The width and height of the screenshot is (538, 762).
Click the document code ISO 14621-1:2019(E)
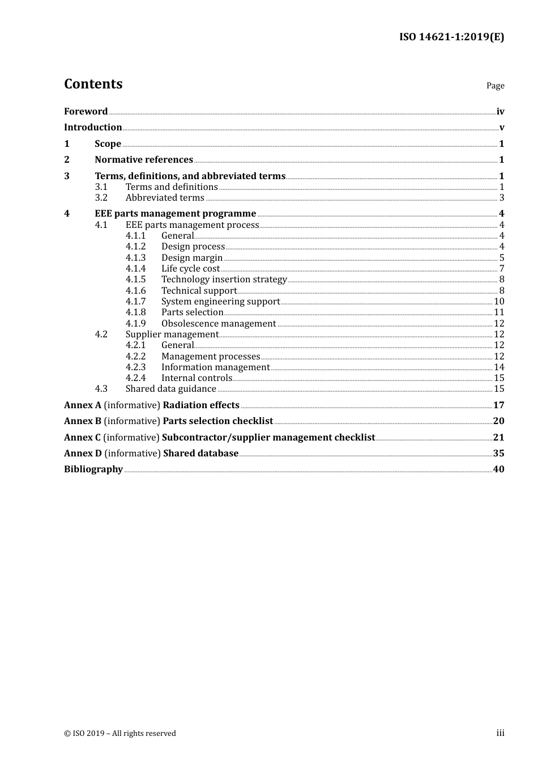click(x=451, y=37)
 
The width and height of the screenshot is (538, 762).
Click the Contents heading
click(x=93, y=84)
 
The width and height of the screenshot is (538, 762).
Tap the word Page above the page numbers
click(x=495, y=86)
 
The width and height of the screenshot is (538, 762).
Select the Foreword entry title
click(x=86, y=112)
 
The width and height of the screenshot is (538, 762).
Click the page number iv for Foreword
click(x=500, y=112)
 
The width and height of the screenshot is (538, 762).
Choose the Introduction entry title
click(x=93, y=128)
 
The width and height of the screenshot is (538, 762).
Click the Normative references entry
click(x=144, y=160)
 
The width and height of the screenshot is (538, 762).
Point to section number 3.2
click(x=101, y=198)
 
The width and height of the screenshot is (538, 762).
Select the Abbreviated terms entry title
click(x=165, y=198)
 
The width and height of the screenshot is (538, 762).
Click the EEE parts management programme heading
click(x=176, y=214)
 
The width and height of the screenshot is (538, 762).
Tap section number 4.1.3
click(x=135, y=258)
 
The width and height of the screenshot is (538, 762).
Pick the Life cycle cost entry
click(x=190, y=269)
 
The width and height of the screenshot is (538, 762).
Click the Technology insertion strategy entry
click(x=224, y=280)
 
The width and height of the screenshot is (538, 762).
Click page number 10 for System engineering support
click(x=499, y=302)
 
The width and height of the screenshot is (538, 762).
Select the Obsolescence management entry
click(x=219, y=324)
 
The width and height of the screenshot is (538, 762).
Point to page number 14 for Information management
click(x=499, y=367)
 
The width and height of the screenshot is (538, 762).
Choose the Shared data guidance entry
click(x=171, y=389)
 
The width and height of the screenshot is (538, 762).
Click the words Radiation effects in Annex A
click(x=201, y=405)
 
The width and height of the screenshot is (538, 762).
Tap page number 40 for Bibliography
click(x=498, y=469)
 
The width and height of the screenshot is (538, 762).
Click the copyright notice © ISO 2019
click(x=120, y=734)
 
